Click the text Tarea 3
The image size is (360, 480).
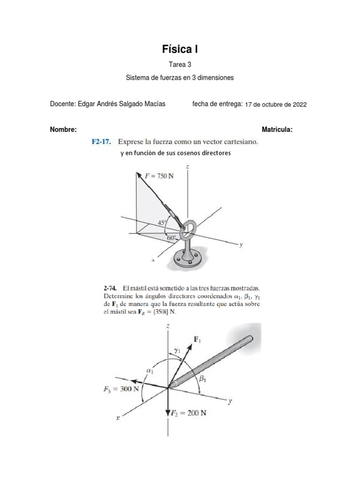click(180, 65)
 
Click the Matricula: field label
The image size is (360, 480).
click(277, 130)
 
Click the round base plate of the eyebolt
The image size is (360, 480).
click(189, 259)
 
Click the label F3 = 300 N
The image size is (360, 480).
click(120, 389)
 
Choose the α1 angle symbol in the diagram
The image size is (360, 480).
click(150, 370)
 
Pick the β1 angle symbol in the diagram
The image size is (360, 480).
click(202, 381)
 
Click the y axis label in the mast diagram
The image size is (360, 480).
click(230, 401)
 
